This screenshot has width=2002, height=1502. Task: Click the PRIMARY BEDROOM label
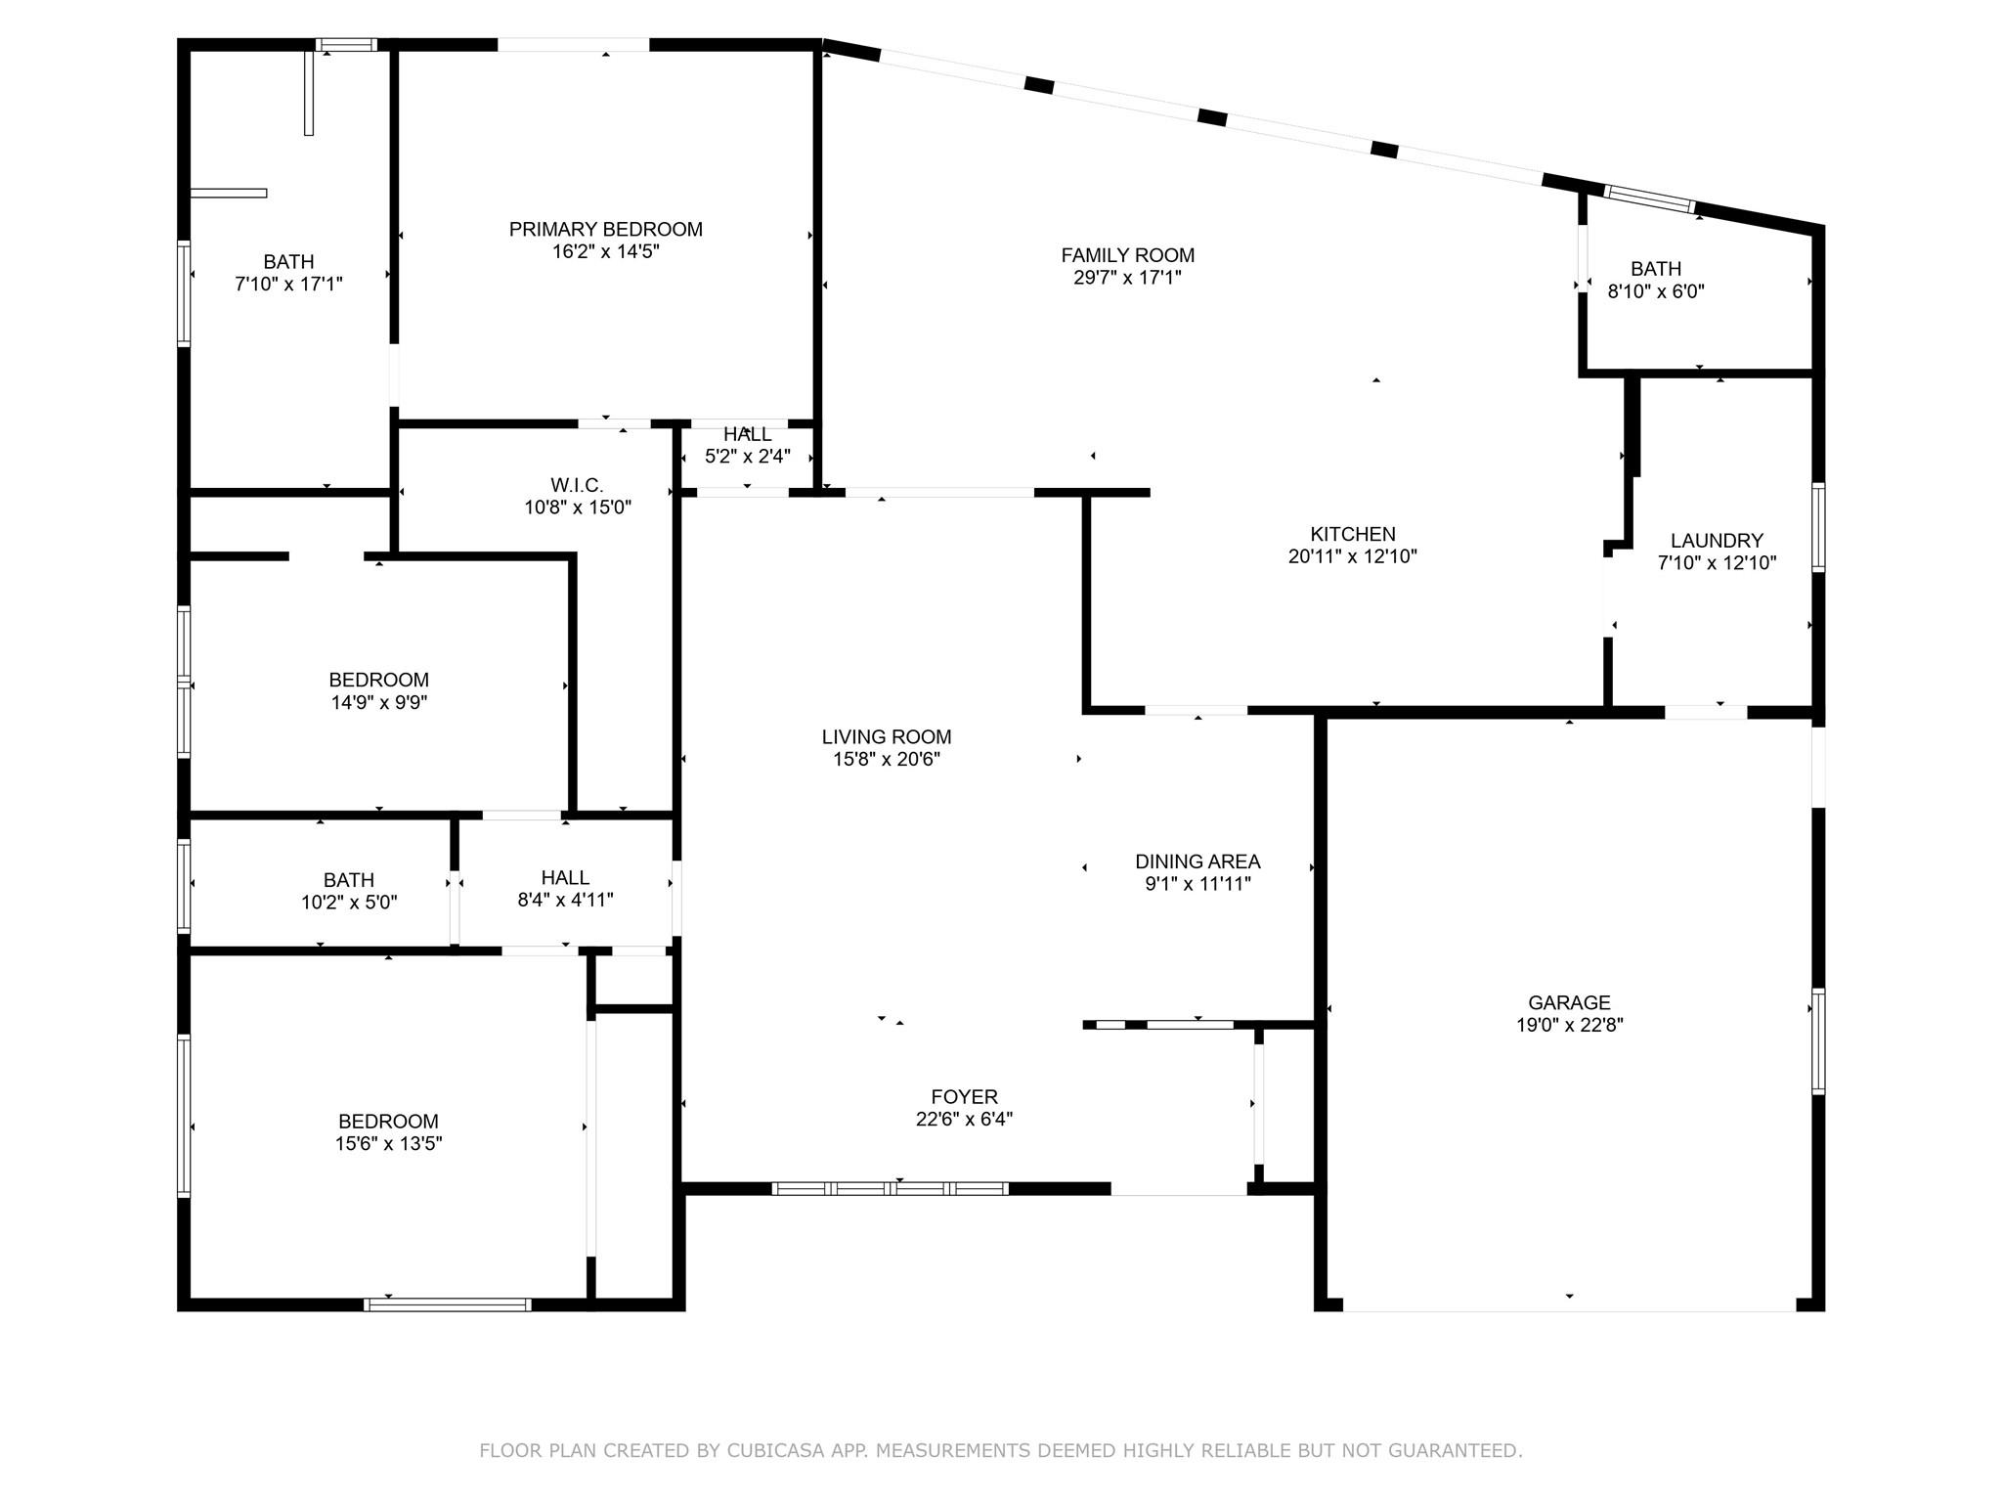click(605, 229)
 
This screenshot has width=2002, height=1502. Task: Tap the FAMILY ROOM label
click(1128, 255)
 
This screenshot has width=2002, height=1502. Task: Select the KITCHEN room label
click(1353, 534)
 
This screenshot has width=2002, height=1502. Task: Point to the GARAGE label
click(1569, 1002)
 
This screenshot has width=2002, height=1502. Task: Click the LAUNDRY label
click(1717, 541)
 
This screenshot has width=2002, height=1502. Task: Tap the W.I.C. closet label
click(577, 485)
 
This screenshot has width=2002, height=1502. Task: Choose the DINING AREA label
click(1197, 861)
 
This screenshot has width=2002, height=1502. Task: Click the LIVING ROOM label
click(887, 737)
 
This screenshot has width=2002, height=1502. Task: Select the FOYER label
click(964, 1097)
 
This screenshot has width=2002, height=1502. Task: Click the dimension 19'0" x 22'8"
click(1569, 1025)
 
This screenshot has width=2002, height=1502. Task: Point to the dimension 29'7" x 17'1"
click(1128, 278)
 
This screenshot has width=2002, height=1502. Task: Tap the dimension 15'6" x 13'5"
click(388, 1144)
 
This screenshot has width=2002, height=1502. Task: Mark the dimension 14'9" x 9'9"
click(379, 702)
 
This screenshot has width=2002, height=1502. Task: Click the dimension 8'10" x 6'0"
click(1656, 291)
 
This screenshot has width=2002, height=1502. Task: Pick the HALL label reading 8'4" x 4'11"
click(565, 878)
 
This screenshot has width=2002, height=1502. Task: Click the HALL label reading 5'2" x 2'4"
click(747, 434)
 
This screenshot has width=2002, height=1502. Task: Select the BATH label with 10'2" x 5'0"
click(349, 880)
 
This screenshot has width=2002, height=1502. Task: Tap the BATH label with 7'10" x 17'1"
click(288, 262)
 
